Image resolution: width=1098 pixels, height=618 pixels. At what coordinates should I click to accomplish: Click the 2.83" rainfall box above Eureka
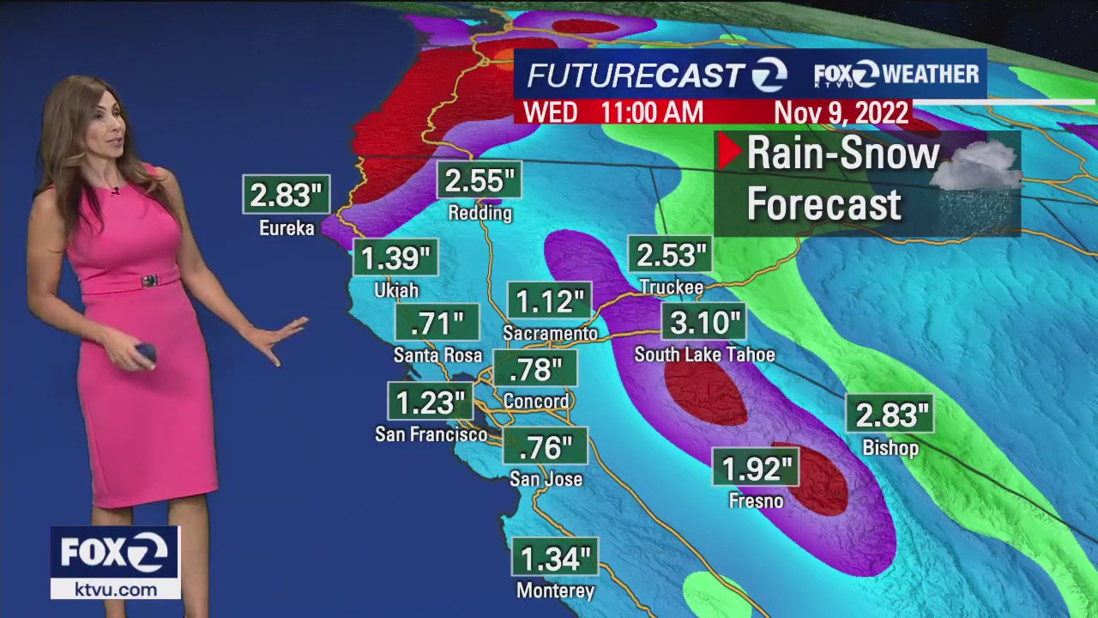(x=287, y=195)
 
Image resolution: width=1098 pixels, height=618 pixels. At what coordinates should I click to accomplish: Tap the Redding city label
(x=480, y=213)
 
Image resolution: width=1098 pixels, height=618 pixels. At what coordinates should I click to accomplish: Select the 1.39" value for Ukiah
(x=395, y=258)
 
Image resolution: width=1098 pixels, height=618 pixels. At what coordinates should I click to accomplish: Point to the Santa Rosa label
(x=437, y=355)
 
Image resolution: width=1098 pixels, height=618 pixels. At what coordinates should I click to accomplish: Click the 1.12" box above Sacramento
(x=550, y=302)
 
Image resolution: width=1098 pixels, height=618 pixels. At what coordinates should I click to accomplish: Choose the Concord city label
(x=536, y=402)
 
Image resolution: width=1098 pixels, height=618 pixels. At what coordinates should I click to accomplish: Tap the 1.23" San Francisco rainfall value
(x=430, y=403)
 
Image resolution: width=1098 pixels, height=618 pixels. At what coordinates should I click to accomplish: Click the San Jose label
(x=546, y=480)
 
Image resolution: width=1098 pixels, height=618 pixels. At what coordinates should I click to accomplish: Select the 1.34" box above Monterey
(x=556, y=560)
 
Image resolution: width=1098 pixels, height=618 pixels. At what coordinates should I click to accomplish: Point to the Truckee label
(x=671, y=288)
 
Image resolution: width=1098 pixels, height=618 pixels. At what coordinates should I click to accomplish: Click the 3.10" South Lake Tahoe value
(x=704, y=324)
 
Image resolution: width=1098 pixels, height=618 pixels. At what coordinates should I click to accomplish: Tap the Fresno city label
(x=756, y=501)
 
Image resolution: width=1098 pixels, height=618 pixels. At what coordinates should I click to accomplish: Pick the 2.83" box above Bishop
(x=890, y=416)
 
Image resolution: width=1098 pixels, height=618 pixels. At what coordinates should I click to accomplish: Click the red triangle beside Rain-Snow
(x=729, y=152)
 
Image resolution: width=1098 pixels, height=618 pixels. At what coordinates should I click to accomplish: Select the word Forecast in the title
(x=824, y=204)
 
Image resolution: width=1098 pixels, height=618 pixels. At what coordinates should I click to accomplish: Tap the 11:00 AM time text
(x=652, y=112)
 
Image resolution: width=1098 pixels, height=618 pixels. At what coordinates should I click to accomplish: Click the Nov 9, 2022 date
(x=842, y=113)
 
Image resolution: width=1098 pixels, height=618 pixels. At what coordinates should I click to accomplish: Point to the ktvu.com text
(x=115, y=590)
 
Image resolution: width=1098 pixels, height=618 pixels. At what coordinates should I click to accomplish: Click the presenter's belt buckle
(x=149, y=281)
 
